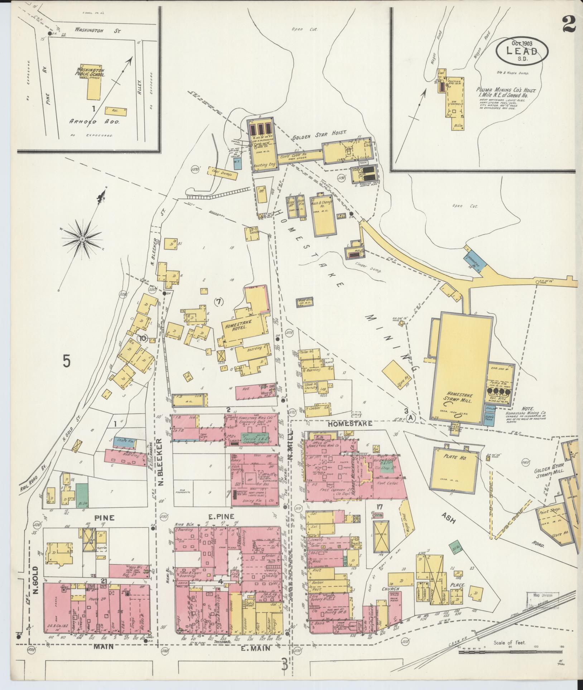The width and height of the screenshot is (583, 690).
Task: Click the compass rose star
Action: [x=82, y=238]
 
